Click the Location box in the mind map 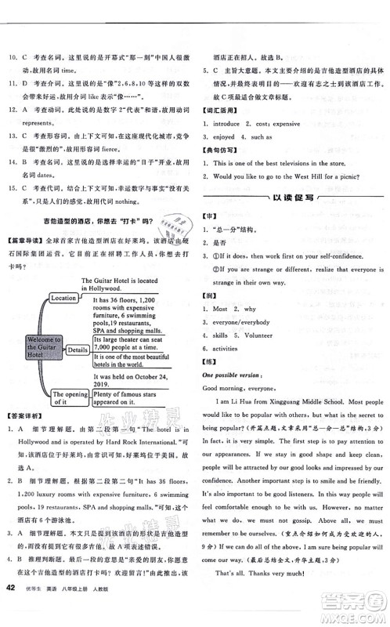(x=63, y=299)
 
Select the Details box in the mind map (x=77, y=350)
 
